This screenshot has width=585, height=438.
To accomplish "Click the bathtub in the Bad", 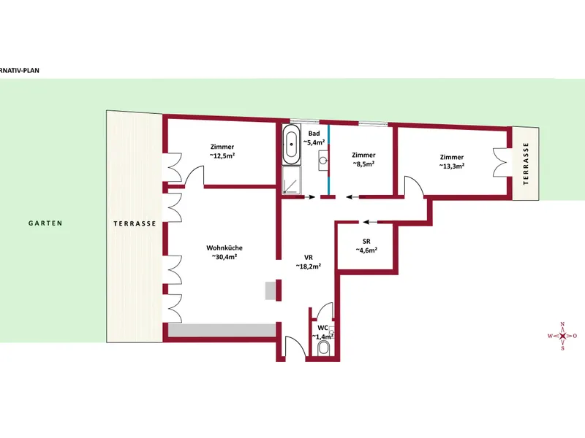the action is pos(291,144).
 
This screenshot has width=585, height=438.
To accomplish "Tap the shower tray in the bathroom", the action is pos(291,180).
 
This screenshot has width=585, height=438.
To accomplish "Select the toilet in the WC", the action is pos(323,349).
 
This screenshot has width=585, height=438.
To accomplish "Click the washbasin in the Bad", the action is pos(323,161).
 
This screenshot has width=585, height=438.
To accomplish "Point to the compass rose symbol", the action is pos(562,336).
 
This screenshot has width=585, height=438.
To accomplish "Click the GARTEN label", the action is pos(45,223).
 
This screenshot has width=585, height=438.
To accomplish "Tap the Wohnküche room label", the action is pos(224,247).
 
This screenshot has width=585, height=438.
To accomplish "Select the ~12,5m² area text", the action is pos(222,155).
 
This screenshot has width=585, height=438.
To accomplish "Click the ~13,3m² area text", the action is pos(452,166).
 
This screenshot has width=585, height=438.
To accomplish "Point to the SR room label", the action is pos(366,242).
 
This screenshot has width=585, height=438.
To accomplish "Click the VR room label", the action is pos(309,258).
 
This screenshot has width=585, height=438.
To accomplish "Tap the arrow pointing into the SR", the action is pos(370,223).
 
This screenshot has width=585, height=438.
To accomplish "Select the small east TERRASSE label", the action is pos(526,164).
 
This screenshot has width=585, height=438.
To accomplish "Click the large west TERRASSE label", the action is pos(135,223).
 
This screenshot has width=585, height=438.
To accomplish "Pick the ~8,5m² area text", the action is pos(363,164).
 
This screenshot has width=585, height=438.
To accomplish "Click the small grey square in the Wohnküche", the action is pos(271,291).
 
